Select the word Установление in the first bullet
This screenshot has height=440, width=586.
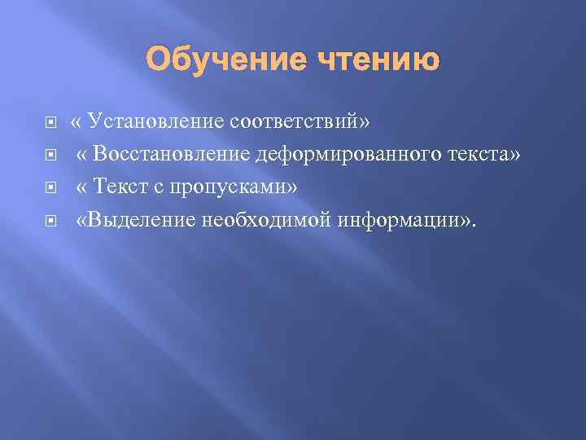pos(156,121)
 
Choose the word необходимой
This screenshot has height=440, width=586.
pos(257,219)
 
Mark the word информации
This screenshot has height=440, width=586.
pos(386,219)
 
